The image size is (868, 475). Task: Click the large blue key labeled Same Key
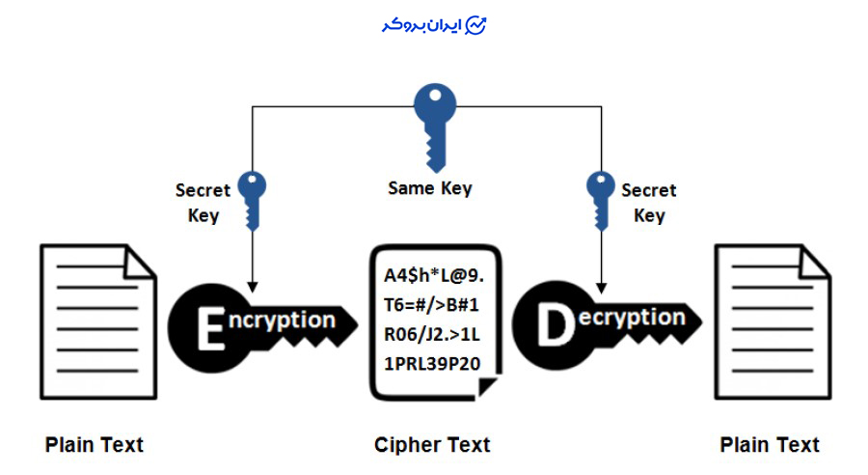click(x=433, y=122)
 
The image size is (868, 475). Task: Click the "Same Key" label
click(x=430, y=188)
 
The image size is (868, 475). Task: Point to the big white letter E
click(x=210, y=329)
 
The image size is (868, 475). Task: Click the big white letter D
click(x=554, y=327)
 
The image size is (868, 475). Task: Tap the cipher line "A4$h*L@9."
click(x=427, y=277)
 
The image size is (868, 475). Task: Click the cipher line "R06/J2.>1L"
click(x=426, y=335)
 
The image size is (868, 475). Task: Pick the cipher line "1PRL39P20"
click(x=426, y=364)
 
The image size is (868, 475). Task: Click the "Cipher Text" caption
click(x=432, y=445)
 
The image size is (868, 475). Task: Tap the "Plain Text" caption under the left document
click(x=95, y=445)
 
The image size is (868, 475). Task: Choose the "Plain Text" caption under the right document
click(x=770, y=445)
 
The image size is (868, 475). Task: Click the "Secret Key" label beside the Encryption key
click(x=203, y=203)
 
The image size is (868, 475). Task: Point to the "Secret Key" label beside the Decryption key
click(x=649, y=203)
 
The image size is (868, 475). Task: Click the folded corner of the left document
click(x=141, y=260)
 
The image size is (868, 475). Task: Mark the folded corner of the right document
click(x=816, y=260)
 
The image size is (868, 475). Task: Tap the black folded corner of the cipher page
click(x=488, y=385)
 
